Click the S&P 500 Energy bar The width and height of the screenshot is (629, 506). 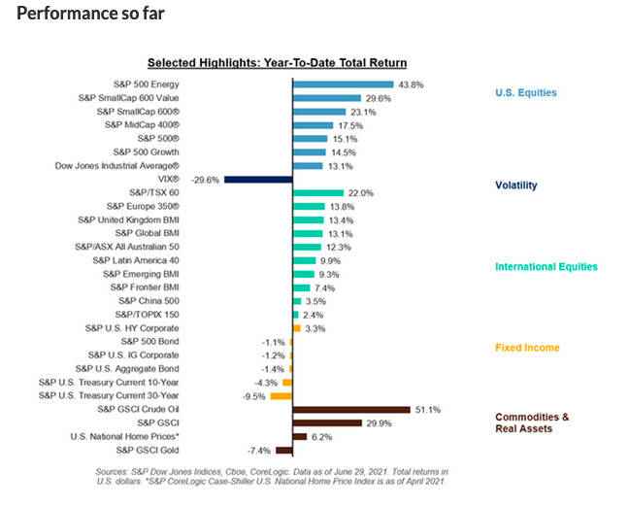pyautogui.click(x=343, y=84)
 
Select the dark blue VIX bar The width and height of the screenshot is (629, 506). pyautogui.click(x=258, y=180)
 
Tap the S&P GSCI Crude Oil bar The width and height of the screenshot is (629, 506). pyautogui.click(x=351, y=409)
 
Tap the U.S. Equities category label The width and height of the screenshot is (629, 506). pyautogui.click(x=526, y=93)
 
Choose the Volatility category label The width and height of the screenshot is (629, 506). pyautogui.click(x=516, y=185)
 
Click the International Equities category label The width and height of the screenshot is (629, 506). pyautogui.click(x=546, y=266)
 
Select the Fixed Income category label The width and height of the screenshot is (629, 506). pyautogui.click(x=527, y=348)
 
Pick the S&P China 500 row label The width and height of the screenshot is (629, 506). pyautogui.click(x=148, y=302)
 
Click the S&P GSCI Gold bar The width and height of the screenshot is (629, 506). pyautogui.click(x=284, y=450)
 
